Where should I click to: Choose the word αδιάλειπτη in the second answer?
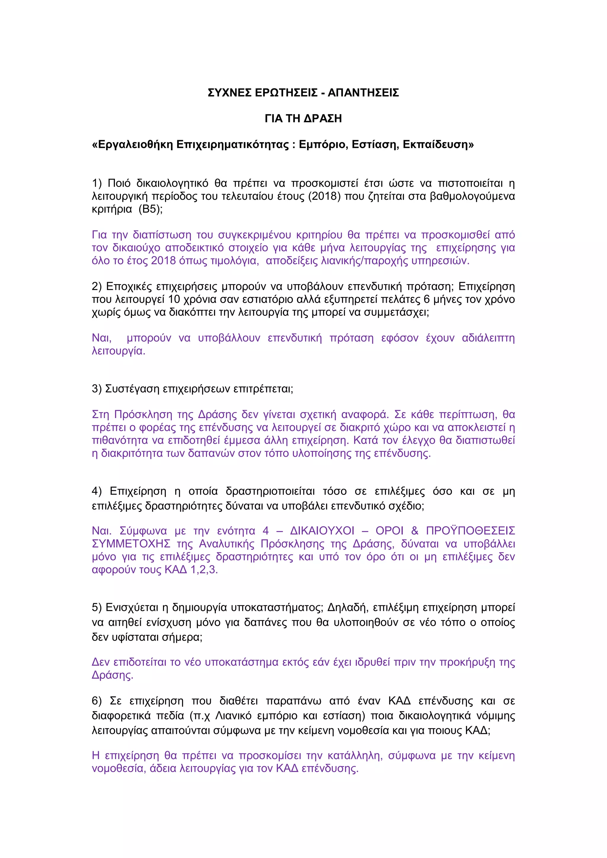[x=488, y=338]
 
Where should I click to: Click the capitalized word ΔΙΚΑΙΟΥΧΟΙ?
[x=322, y=531]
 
